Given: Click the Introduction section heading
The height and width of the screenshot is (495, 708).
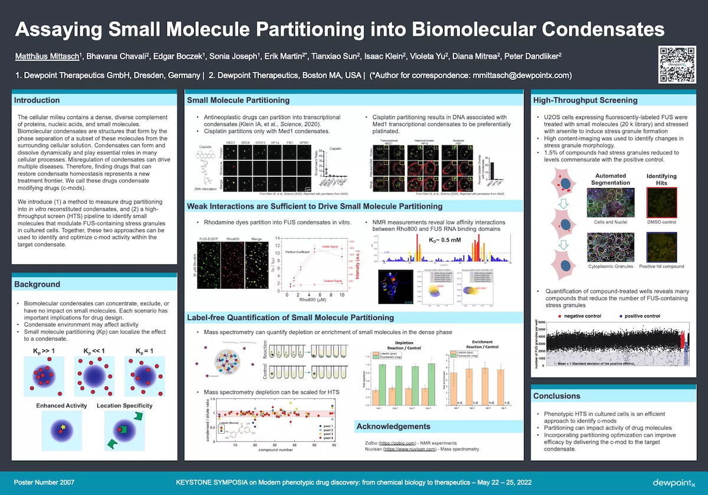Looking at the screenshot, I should coord(37,100).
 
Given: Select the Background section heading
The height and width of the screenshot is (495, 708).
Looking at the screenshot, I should coord(37,284).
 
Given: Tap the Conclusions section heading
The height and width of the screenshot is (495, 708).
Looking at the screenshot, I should coord(557,395).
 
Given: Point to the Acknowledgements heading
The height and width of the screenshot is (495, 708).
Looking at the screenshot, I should coord(394,426).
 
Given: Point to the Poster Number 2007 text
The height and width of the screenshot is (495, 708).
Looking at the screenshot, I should coord(44,482).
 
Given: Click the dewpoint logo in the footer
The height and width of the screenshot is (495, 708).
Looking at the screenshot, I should coord(673,482).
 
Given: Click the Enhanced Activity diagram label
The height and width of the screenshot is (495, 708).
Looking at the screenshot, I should coord(61,405).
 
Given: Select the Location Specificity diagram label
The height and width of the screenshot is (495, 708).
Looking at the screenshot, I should coord(124,405).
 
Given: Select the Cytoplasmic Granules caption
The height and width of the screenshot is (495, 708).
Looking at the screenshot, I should coord(611,266).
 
